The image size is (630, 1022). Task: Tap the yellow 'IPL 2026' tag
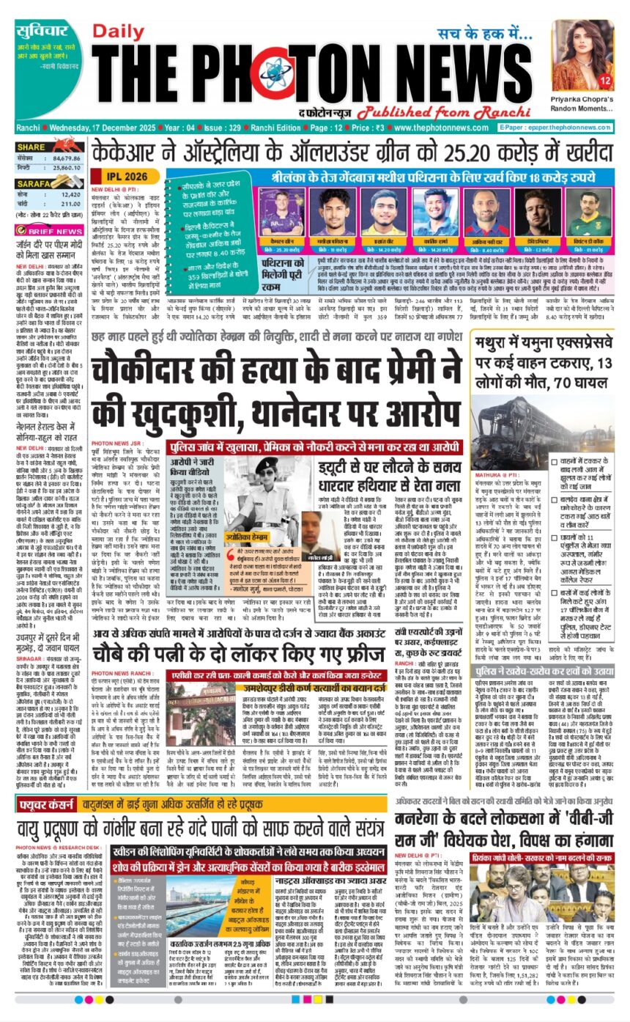(x=126, y=177)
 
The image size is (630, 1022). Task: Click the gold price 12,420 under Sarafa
(x=71, y=195)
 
